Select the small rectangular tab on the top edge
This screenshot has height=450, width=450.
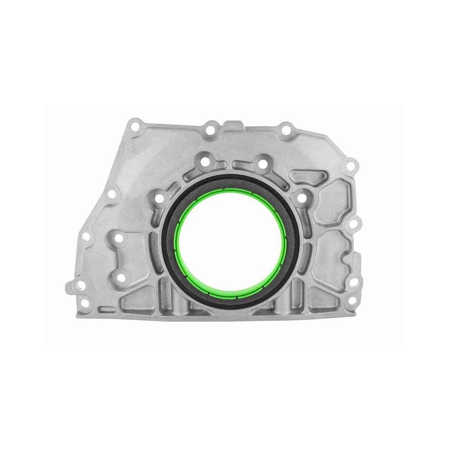[x=232, y=125]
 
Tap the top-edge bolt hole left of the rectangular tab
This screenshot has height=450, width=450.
[x=210, y=131]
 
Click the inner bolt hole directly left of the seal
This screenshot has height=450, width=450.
[x=158, y=198]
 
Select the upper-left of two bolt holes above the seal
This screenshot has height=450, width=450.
[x=205, y=161]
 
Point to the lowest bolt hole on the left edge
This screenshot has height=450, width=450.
[x=80, y=286]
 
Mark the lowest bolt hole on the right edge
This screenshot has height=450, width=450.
[x=353, y=300]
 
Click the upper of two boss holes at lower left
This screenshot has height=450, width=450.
[x=118, y=239]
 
